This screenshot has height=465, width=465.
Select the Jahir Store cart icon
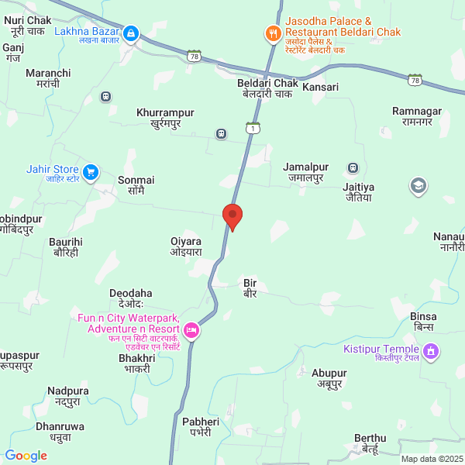pos(91,171)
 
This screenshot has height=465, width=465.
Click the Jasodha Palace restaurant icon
pos(272,33)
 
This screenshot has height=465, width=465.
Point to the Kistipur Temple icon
pos(432,353)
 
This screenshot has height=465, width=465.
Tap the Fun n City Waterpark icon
pos(191,332)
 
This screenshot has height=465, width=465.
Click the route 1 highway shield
pos(251,128)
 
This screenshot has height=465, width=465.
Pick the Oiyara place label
pos(186,246)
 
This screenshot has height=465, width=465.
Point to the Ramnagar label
pos(416,116)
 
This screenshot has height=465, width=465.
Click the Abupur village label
pos(329,377)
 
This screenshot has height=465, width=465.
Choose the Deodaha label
pos(131,298)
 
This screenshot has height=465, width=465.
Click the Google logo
pos(26,456)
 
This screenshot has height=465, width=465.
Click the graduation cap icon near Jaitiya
pos(418,185)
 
